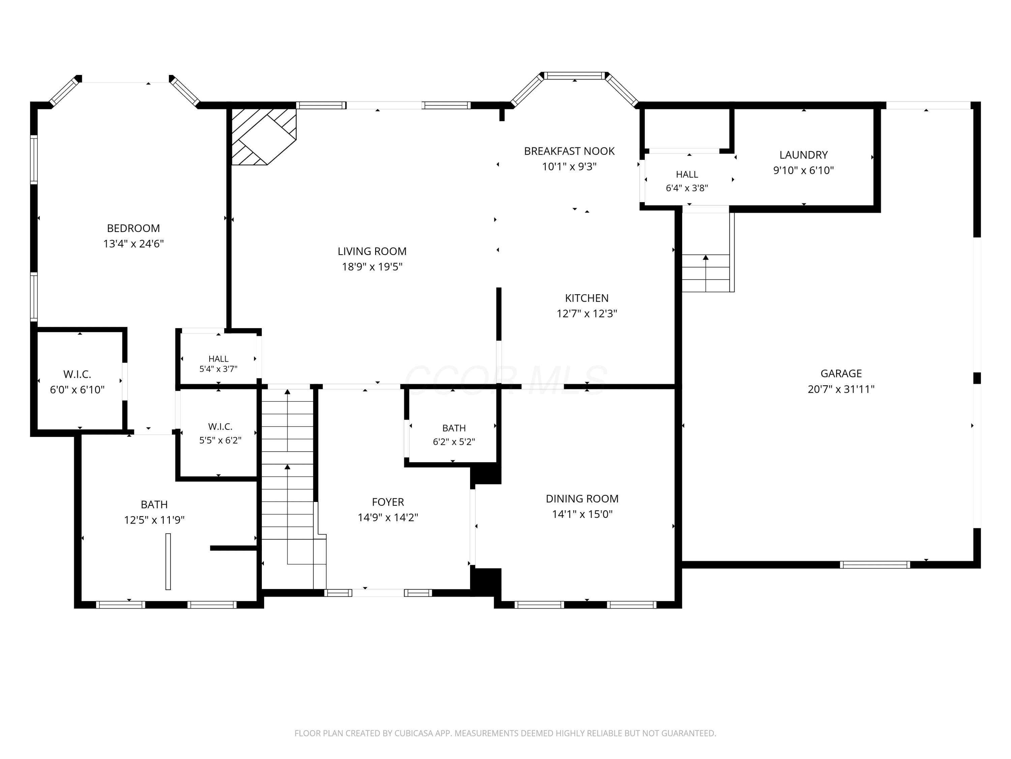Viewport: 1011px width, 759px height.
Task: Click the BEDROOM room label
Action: click(x=133, y=228)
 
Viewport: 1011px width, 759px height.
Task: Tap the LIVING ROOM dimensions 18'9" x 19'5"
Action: click(x=372, y=267)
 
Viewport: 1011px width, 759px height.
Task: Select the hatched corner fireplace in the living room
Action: click(x=264, y=136)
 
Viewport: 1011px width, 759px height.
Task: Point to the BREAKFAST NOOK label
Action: click(x=569, y=151)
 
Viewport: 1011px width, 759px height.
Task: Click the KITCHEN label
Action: click(x=587, y=298)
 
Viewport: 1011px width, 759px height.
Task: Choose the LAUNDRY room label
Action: click(x=803, y=155)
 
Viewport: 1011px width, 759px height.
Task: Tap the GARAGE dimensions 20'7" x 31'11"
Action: click(x=841, y=389)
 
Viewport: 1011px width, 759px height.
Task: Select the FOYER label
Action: click(x=388, y=502)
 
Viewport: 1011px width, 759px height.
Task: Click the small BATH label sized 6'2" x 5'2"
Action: click(x=454, y=428)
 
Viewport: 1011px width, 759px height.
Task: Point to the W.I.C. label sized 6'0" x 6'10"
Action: click(x=77, y=374)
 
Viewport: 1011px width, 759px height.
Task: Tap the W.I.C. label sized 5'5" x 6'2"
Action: click(x=220, y=427)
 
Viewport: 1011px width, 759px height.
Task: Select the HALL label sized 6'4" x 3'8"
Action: click(x=687, y=174)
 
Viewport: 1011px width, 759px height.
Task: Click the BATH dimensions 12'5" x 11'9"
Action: click(x=154, y=520)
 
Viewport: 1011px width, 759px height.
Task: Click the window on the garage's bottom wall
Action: click(x=875, y=565)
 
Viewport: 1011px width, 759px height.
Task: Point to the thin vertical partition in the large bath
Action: click(x=168, y=561)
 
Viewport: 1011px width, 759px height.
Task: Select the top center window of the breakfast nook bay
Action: click(x=575, y=76)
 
